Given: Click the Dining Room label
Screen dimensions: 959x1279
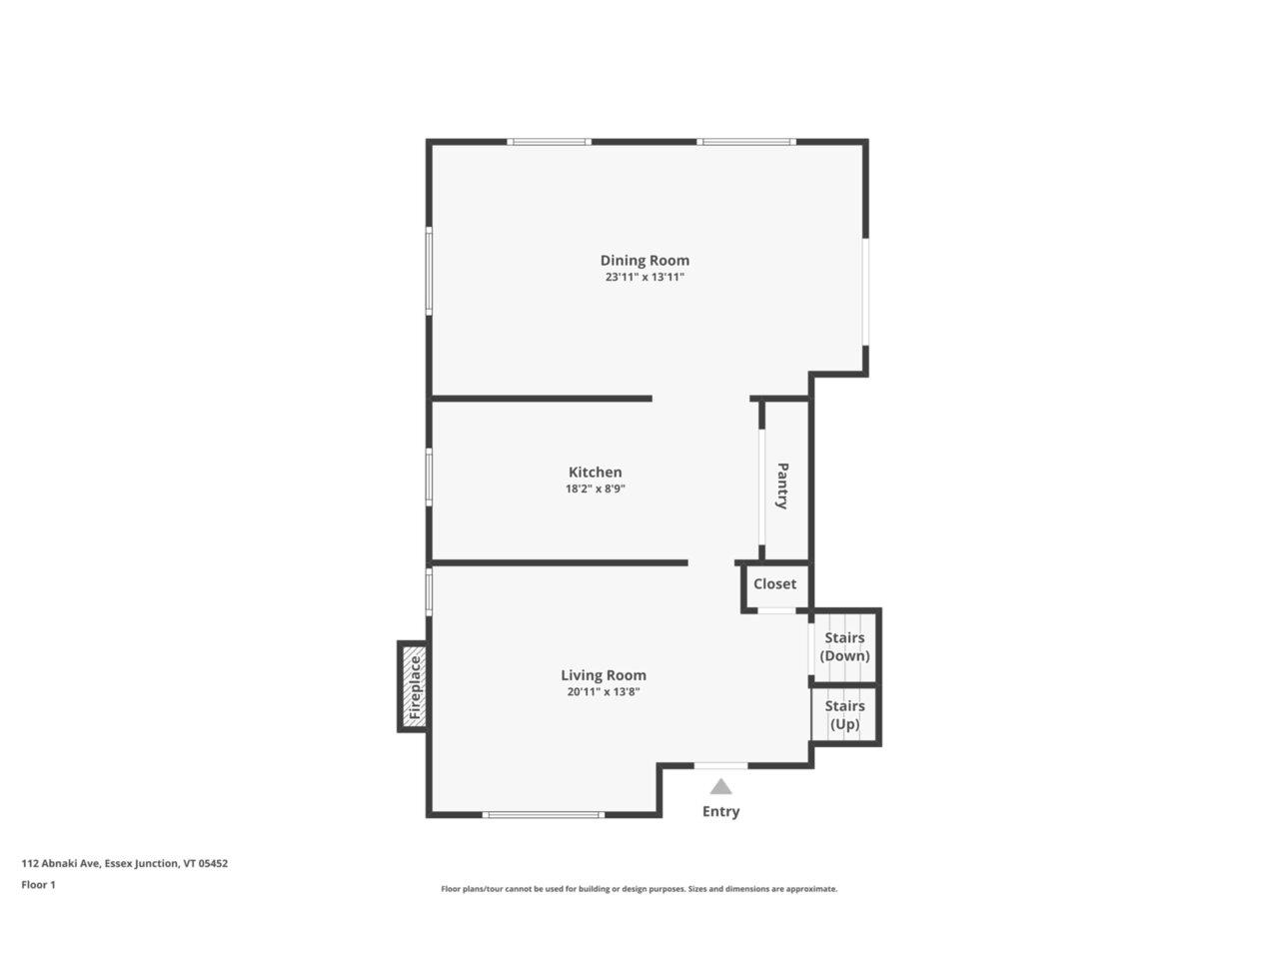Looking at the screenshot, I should (x=644, y=261).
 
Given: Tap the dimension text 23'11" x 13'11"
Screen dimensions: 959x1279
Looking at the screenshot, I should (x=644, y=278).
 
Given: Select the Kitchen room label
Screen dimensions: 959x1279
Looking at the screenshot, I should (x=595, y=473).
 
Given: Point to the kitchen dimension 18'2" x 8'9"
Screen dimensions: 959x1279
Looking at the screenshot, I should (x=595, y=489).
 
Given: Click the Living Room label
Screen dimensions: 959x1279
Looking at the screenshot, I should (x=603, y=675).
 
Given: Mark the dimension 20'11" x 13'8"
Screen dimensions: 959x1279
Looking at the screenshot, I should (x=603, y=691).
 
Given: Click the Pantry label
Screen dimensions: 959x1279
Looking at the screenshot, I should (x=782, y=485).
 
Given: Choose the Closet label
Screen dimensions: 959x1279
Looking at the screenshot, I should (x=774, y=584).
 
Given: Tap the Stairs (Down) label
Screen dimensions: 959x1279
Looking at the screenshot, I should (x=844, y=647).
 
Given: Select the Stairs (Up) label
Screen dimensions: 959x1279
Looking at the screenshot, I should (x=844, y=715).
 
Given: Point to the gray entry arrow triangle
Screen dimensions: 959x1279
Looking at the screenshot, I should (x=720, y=787).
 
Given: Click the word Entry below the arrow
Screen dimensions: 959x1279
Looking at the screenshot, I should (x=720, y=811).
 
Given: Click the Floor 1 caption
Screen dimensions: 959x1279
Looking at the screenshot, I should (x=39, y=884).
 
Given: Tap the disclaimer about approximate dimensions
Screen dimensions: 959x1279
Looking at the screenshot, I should (x=639, y=888).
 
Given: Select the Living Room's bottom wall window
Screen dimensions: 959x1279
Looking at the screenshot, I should (x=543, y=815).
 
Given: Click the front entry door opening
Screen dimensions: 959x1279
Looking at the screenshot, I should (x=720, y=766).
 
